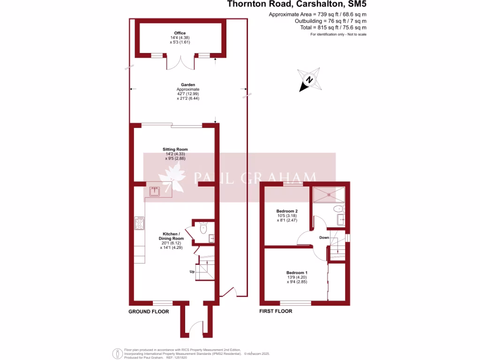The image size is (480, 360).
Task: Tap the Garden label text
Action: (187, 85)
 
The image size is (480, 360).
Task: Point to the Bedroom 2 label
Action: (287, 211)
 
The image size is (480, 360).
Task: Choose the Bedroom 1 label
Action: (297, 272)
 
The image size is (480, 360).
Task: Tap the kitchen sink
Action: (155, 191)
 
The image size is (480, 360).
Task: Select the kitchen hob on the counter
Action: (139, 223)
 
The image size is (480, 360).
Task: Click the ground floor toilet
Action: (203, 229)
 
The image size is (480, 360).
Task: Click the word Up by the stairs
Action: (192, 272)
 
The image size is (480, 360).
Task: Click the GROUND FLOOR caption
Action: (149, 311)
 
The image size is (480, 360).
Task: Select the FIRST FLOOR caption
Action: (276, 311)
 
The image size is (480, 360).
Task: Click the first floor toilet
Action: (337, 209)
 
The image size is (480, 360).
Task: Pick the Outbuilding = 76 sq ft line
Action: (330, 21)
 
